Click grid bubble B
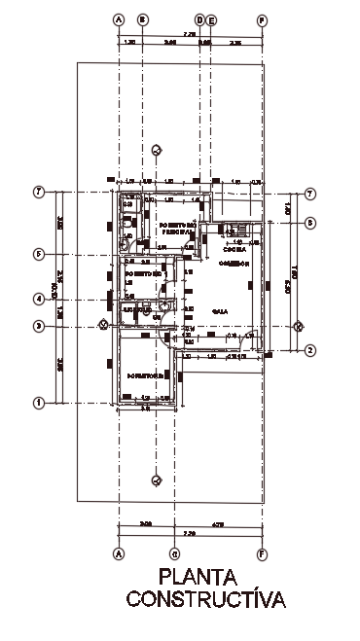142,18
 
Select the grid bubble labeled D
199,18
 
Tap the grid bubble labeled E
210,18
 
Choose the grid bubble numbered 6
309,223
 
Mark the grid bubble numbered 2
309,350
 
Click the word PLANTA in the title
205,578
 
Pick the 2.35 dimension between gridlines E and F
235,43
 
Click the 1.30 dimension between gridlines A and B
130,43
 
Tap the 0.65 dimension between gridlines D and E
204,43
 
